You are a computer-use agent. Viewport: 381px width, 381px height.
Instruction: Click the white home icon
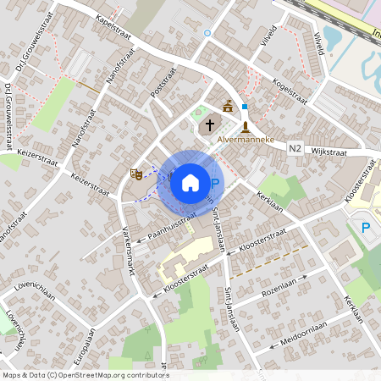click(190, 182)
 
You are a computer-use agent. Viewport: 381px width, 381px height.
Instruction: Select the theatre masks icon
click(135, 173)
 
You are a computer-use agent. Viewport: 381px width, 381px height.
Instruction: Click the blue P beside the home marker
click(215, 184)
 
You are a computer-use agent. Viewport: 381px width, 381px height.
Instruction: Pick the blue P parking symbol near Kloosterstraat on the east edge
click(366, 227)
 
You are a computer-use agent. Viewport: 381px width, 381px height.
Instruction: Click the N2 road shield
click(295, 148)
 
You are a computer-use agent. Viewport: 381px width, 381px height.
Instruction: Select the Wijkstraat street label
click(330, 152)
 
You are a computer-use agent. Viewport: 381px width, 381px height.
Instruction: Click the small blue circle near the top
click(207, 33)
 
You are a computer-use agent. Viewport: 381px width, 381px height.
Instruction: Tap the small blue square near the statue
click(245, 108)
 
